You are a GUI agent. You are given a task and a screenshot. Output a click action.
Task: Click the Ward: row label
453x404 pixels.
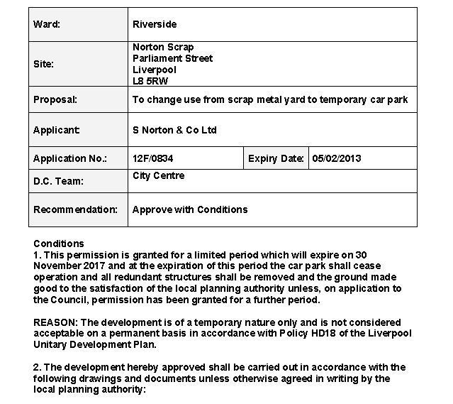(x=47, y=24)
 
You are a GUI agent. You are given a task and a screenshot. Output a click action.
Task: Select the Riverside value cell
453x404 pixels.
(x=154, y=24)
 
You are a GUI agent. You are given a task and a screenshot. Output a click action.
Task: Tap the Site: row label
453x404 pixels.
(x=44, y=64)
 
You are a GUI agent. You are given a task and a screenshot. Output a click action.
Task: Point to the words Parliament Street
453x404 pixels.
(x=172, y=58)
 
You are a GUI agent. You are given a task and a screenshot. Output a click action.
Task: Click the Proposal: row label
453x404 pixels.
(x=55, y=100)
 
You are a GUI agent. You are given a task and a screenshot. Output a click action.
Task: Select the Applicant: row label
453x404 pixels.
(x=57, y=131)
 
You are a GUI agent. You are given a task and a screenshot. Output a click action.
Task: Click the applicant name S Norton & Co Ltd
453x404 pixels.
(x=174, y=131)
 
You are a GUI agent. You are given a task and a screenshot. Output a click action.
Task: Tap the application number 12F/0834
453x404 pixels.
(x=152, y=158)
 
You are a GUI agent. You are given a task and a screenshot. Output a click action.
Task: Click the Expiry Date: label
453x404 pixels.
(x=276, y=158)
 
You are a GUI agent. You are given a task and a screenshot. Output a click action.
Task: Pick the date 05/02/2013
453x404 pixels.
(x=337, y=158)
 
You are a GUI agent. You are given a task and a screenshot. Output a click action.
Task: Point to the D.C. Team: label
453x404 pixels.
(x=58, y=181)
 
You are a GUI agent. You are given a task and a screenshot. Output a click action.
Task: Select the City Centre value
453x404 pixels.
(x=158, y=176)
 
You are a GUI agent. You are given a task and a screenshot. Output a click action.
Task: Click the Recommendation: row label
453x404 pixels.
(x=75, y=209)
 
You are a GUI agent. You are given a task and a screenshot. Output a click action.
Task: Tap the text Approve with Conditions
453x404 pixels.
(x=190, y=209)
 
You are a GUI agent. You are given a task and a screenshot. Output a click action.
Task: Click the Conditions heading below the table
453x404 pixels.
(x=58, y=244)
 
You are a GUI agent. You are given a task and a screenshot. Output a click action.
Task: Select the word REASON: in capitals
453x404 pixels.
(x=57, y=323)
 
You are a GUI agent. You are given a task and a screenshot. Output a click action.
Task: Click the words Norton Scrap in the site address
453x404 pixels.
(x=163, y=47)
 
